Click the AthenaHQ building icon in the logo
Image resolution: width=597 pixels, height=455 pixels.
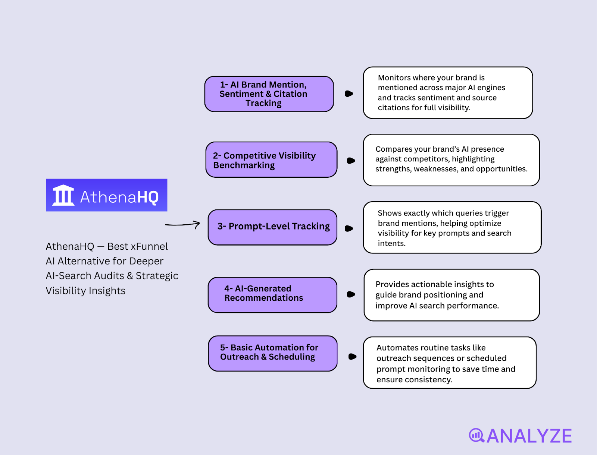click(63, 195)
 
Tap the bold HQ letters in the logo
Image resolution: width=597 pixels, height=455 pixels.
click(148, 197)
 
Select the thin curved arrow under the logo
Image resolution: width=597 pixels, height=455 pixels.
click(182, 224)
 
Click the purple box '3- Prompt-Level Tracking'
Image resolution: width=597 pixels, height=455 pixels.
click(272, 227)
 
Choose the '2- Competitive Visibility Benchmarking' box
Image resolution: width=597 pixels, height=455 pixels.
click(271, 160)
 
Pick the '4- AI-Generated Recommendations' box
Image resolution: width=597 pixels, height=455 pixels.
click(272, 294)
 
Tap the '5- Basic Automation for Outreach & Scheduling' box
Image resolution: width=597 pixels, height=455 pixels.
click(273, 353)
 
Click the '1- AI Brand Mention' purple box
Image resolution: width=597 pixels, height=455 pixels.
click(269, 94)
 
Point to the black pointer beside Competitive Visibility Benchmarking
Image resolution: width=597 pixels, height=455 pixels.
click(351, 161)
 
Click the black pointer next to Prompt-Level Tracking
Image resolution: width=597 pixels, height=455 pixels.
click(349, 228)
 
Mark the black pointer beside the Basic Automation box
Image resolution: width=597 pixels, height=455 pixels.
click(352, 357)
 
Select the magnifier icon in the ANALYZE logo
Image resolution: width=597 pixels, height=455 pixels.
click(476, 435)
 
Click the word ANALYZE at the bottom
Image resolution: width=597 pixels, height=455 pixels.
click(529, 436)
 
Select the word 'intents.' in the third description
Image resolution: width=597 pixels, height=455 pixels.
click(391, 243)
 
